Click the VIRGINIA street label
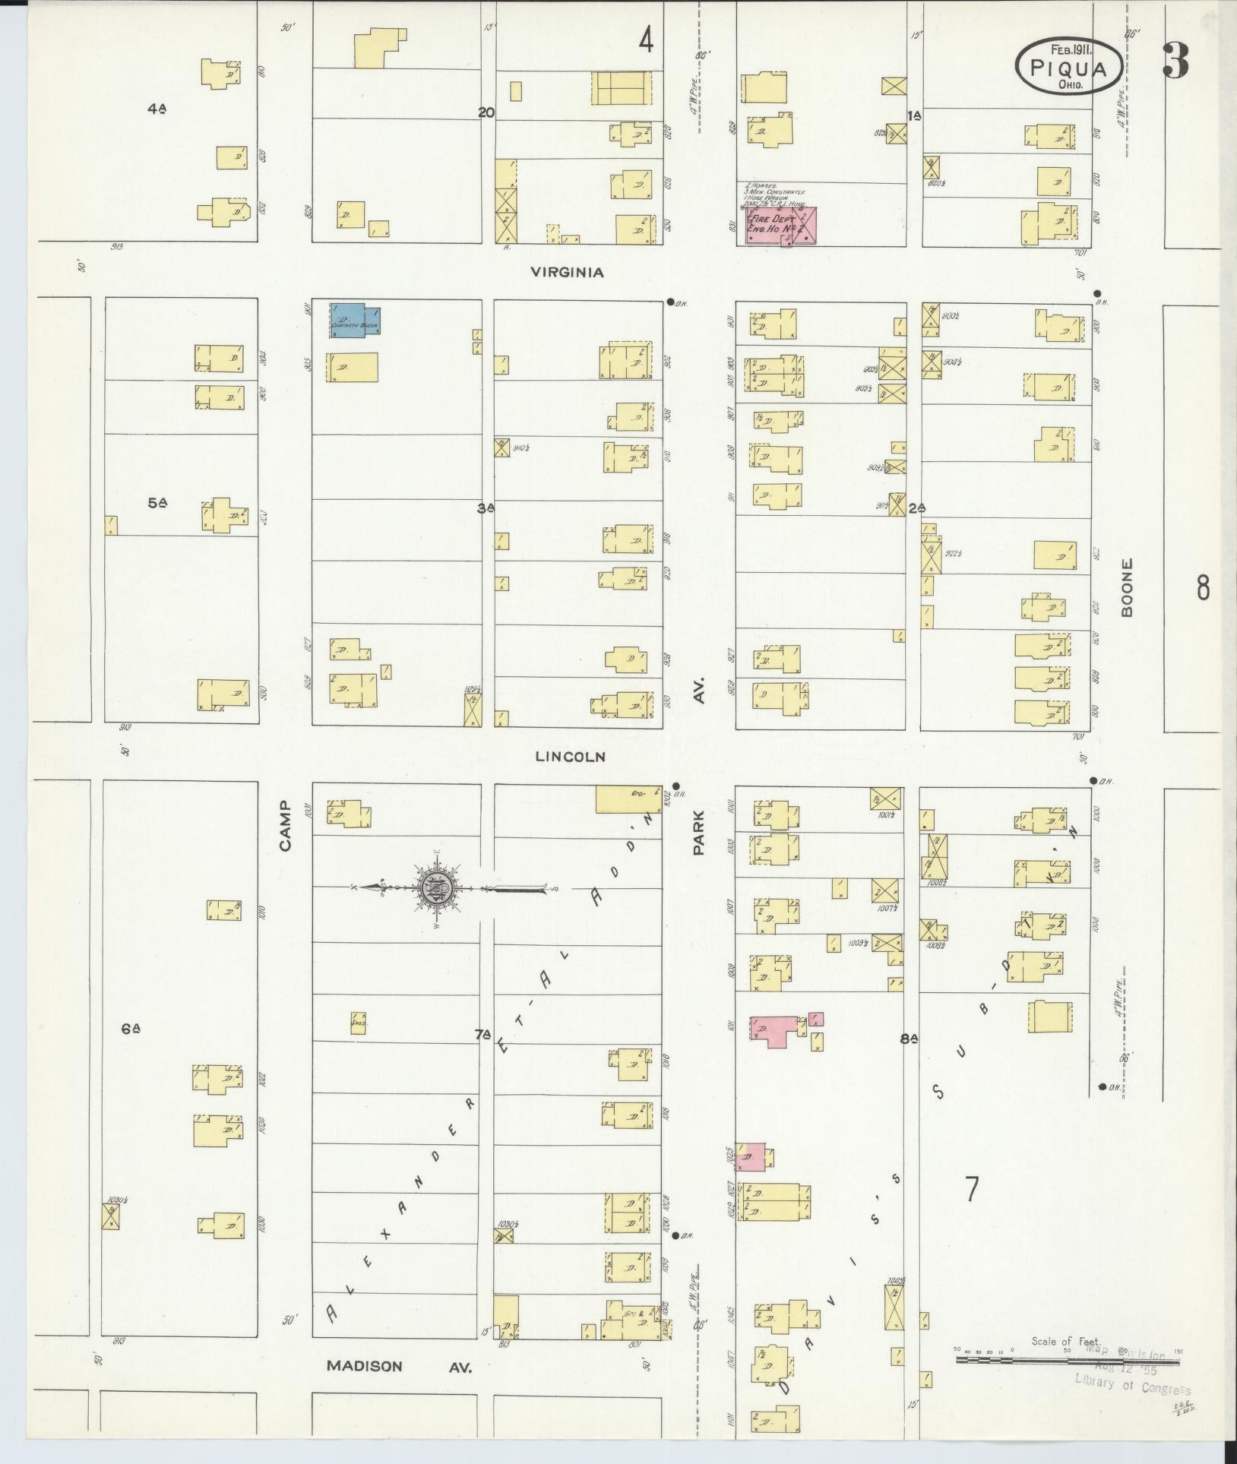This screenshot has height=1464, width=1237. [567, 272]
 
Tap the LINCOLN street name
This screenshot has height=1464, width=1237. [570, 756]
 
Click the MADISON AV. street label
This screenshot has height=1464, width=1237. [399, 1366]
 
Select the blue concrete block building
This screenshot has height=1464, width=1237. [355, 319]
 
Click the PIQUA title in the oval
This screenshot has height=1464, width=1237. [1068, 67]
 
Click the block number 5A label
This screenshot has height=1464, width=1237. [157, 502]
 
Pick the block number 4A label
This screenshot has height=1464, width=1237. [157, 109]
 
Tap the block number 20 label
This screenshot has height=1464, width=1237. [486, 112]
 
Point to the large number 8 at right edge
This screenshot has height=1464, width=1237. [1203, 587]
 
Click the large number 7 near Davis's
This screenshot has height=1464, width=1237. [971, 1189]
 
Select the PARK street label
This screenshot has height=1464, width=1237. [698, 833]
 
